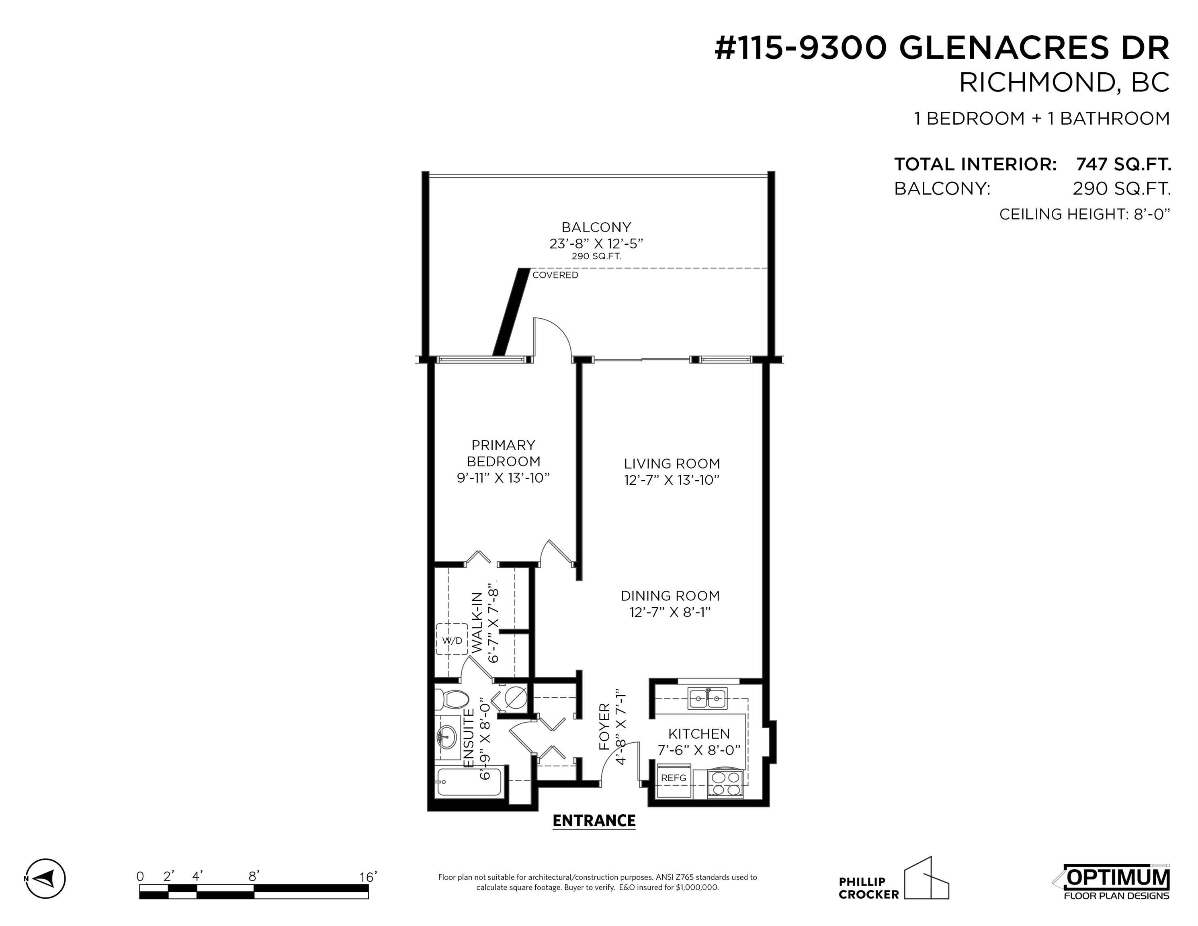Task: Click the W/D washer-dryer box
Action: [x=452, y=640]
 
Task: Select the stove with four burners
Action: [x=725, y=783]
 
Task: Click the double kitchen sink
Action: [x=708, y=699]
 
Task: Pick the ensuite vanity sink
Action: [x=448, y=736]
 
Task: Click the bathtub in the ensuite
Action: [x=469, y=782]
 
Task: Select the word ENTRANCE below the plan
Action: [x=594, y=821]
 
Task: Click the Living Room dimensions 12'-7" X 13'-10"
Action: [x=672, y=480]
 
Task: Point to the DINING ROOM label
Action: [x=670, y=596]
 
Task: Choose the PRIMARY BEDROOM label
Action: [x=503, y=453]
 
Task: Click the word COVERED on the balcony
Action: [x=555, y=275]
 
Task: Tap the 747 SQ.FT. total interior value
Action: [x=1123, y=164]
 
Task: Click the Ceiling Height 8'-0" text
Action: [x=1084, y=214]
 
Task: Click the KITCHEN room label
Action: [x=699, y=734]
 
